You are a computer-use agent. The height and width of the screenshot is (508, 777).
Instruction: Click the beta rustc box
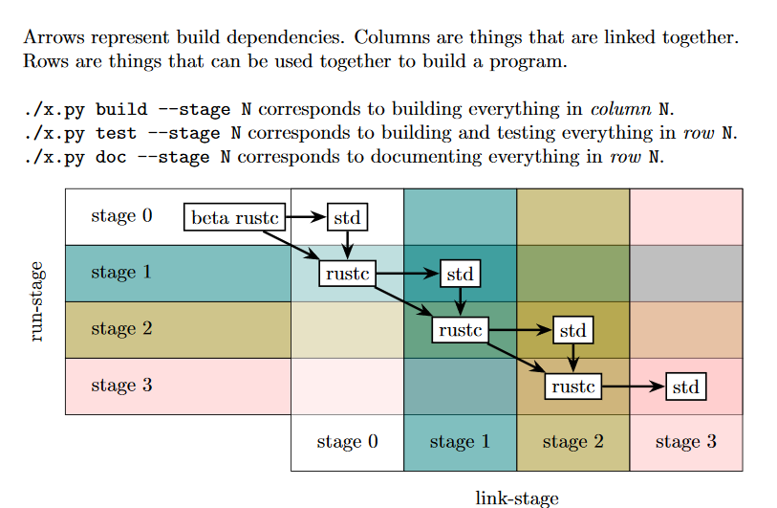point(235,218)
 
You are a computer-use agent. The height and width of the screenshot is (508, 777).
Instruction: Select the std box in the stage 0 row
point(347,218)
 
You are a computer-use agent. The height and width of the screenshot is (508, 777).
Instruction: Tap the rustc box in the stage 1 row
point(347,275)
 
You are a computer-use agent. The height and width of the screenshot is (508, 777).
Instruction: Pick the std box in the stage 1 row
point(460,275)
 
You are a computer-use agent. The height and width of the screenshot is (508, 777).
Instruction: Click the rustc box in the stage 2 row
point(460,331)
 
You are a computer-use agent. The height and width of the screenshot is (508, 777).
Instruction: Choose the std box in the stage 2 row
point(572,331)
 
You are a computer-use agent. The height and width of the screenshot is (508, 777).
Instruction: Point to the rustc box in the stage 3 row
point(572,387)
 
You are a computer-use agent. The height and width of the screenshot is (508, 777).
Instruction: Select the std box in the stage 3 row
point(685,387)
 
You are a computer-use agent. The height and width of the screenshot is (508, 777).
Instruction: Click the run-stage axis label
point(37,302)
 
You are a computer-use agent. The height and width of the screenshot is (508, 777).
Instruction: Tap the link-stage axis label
point(516,497)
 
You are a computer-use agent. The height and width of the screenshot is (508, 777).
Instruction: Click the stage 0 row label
point(121,216)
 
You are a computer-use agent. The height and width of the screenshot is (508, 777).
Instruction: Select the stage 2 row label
point(121,329)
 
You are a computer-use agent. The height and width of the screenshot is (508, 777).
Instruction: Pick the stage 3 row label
point(121,386)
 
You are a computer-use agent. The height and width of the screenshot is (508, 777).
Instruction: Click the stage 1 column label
point(460,442)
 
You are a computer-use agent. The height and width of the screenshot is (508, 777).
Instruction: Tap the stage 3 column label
point(685,442)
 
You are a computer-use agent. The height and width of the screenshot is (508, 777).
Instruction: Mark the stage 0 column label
point(347,442)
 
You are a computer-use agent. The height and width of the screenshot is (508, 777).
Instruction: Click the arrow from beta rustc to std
point(307,217)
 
